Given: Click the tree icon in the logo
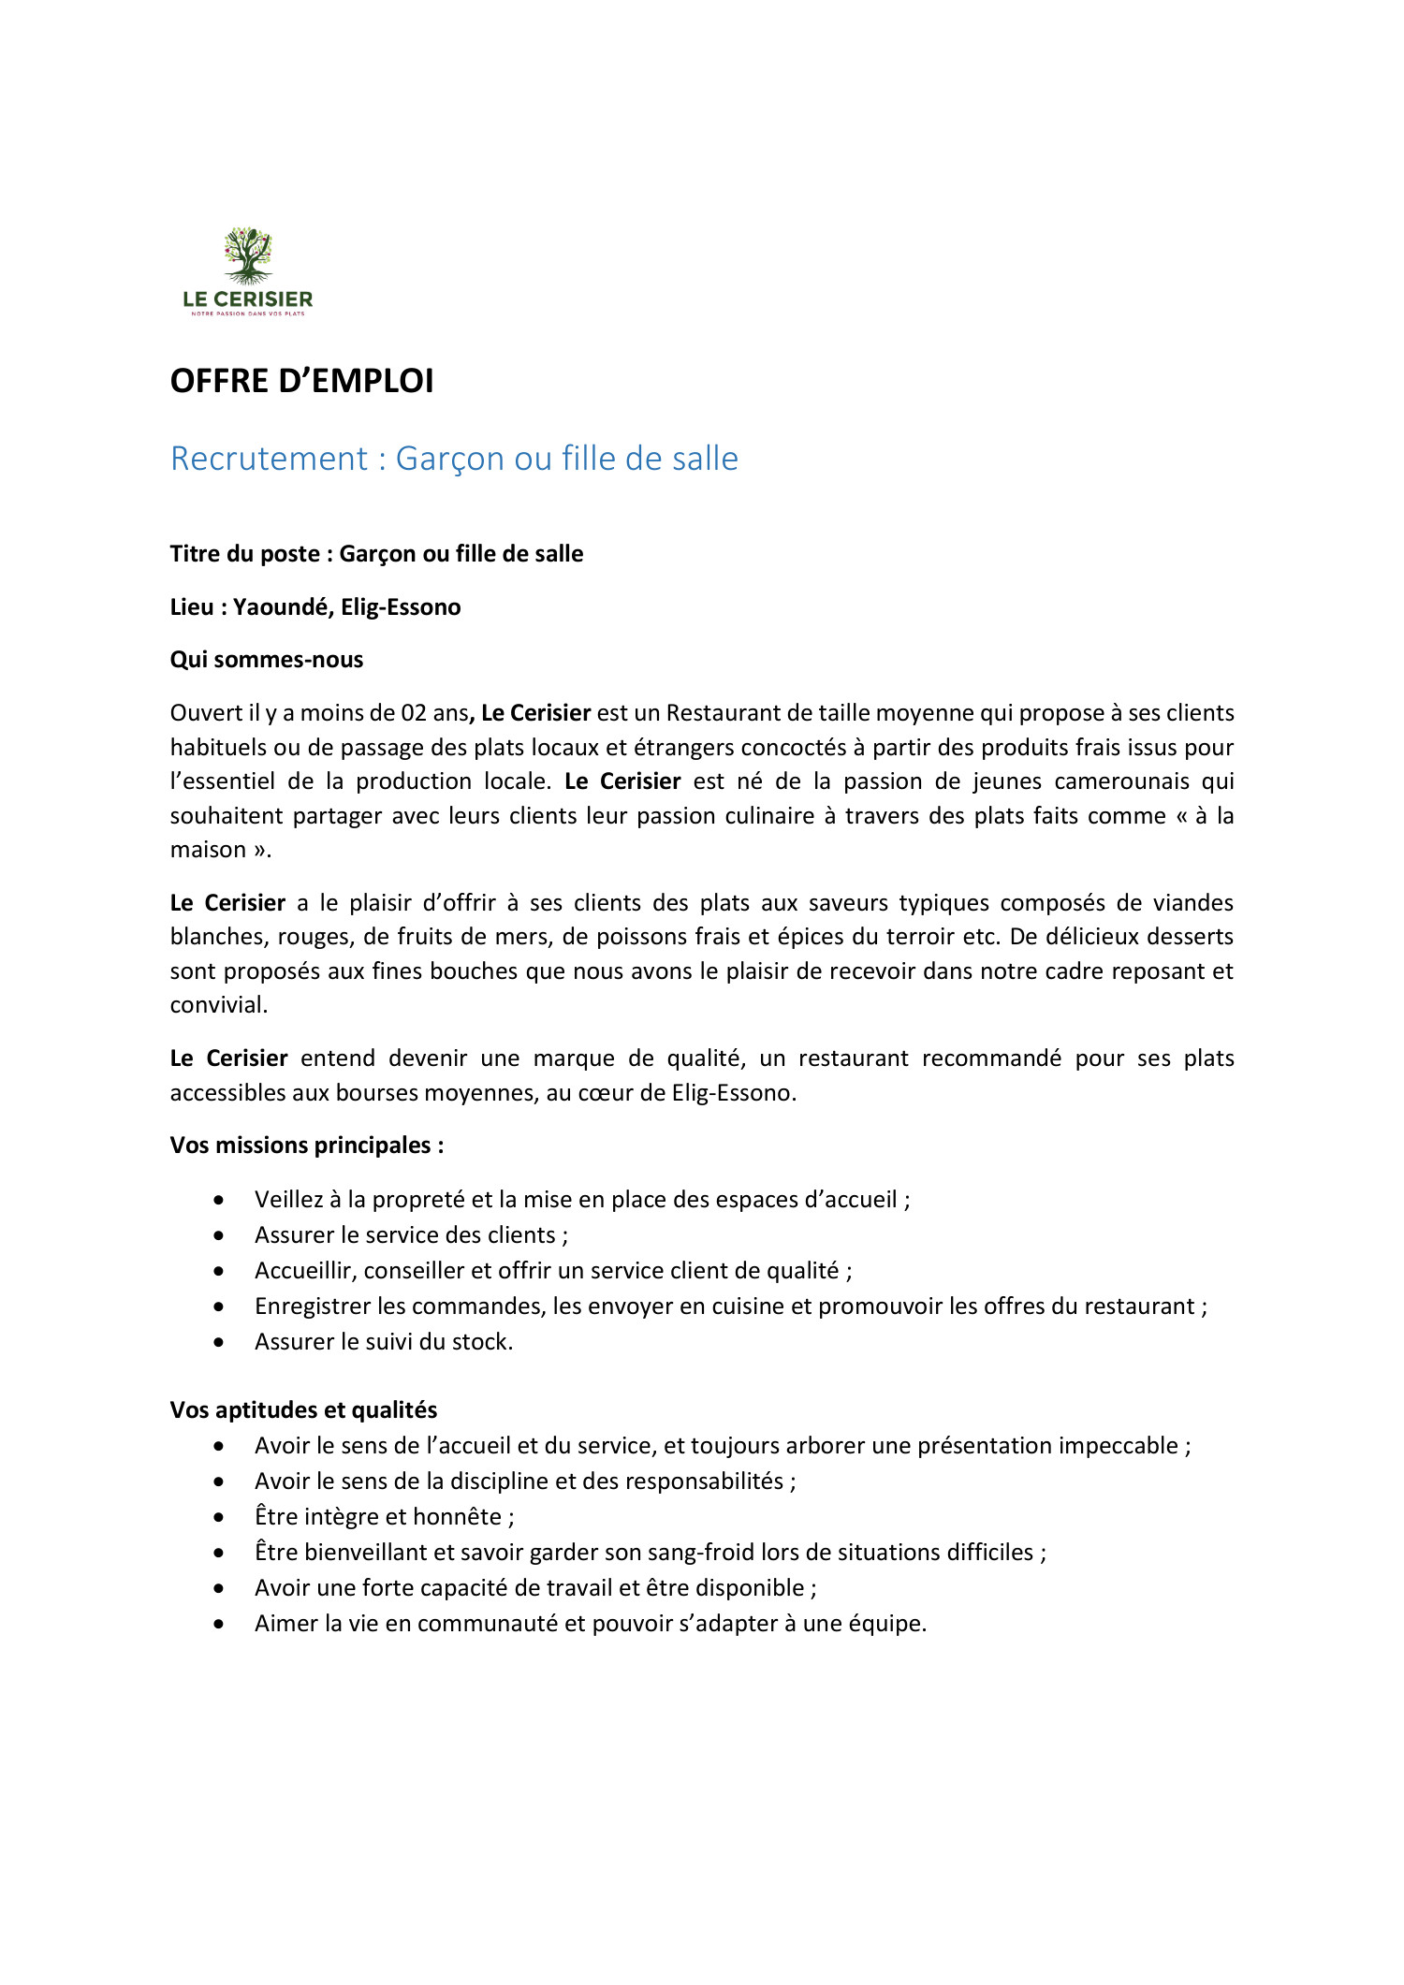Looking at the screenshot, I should point(248,255).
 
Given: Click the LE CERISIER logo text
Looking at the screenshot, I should point(248,299).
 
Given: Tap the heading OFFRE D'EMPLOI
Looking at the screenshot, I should point(301,381).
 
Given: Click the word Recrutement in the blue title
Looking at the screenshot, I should point(270,459).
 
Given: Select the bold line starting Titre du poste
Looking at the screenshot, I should point(376,554).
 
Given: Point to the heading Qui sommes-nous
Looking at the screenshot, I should point(267,660).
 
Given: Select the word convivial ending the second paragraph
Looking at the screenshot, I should point(218,1005).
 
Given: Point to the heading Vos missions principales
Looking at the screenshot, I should point(307,1146).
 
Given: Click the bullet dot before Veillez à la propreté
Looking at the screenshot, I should point(219,1200).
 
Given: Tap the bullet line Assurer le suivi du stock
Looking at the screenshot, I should point(384,1342).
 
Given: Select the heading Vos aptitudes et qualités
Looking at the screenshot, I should point(303,1410).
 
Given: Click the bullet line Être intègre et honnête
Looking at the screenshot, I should point(384,1517).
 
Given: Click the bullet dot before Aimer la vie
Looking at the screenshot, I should point(219,1624).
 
